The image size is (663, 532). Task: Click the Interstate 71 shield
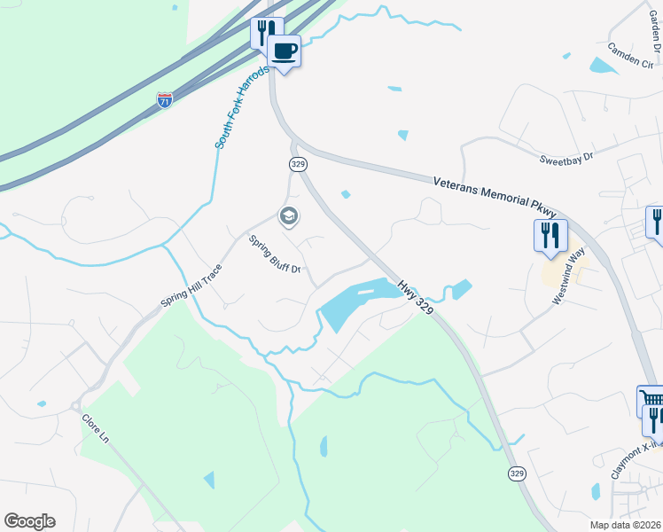164,100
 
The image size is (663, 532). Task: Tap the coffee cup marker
285,51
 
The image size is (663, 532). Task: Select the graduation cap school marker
287,215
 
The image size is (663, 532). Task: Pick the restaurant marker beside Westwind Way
550,236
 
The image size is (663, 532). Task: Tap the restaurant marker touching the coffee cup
264,34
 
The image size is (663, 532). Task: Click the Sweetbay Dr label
565,157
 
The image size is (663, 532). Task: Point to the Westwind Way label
570,275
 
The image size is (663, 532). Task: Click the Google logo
29,521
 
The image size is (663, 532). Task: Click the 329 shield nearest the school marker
297,164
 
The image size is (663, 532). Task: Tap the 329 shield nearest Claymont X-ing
517,473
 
